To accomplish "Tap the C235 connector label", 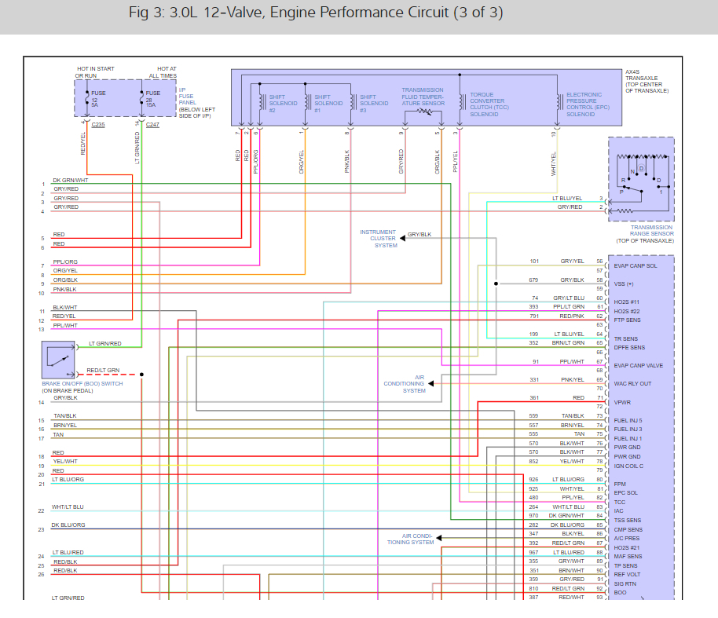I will [97, 125].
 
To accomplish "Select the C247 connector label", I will [152, 125].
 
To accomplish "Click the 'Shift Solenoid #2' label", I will [277, 103].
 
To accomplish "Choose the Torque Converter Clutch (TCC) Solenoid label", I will [489, 104].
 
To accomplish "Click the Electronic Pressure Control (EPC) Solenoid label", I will [584, 104].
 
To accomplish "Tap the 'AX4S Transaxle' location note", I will [647, 81].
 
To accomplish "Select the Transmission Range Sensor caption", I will [651, 233].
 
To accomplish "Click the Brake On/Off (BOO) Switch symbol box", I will [58, 360].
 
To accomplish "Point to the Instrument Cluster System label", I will [378, 239].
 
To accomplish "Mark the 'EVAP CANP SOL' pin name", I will [636, 266].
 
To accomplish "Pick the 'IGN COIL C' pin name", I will [630, 466].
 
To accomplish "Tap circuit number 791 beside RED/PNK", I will [533, 316].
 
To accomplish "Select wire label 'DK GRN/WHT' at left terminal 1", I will [70, 181].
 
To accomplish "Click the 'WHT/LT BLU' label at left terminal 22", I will [68, 506].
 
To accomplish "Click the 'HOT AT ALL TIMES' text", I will [163, 72].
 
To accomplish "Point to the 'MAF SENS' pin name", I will [628, 557].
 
